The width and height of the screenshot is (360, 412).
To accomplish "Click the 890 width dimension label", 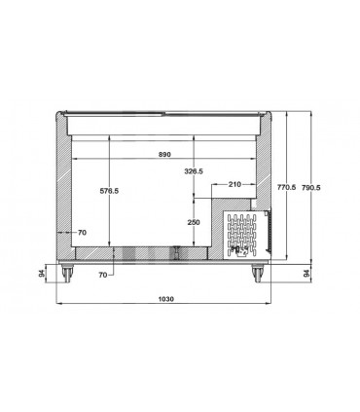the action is [164, 155].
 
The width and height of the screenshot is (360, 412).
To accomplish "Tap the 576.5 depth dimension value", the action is [109, 191].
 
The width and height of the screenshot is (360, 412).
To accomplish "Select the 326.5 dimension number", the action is [194, 171].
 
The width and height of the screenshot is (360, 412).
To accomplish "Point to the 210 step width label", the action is [234, 184].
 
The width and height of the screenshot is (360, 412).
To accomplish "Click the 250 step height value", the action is [194, 222].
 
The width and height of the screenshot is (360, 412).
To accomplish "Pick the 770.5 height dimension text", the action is [286, 187].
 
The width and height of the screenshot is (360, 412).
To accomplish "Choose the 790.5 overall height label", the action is [311, 188].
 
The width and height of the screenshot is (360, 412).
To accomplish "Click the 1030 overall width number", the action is [166, 299].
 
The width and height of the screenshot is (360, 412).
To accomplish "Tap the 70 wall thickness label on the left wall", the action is [82, 233].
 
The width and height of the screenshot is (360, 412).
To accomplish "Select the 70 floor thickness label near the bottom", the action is [103, 275].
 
